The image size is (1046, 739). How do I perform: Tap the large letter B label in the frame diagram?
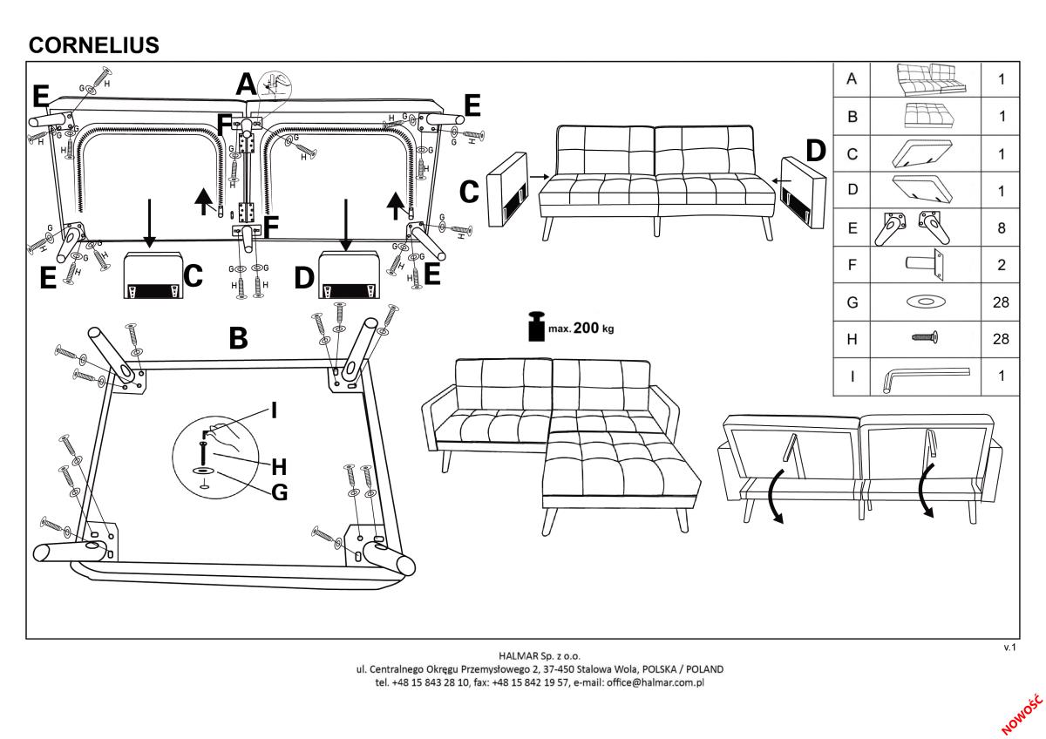pyautogui.click(x=238, y=339)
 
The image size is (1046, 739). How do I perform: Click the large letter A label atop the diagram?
pyautogui.click(x=247, y=85)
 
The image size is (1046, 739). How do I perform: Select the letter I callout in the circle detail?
pyautogui.click(x=275, y=410)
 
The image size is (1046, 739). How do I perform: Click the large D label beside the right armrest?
pyautogui.click(x=815, y=152)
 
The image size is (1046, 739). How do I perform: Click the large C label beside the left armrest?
pyautogui.click(x=468, y=192)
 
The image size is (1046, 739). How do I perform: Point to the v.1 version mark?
pyautogui.click(x=1011, y=647)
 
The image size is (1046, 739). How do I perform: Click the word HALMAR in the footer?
pyautogui.click(x=517, y=655)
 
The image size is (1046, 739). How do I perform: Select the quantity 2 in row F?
pyautogui.click(x=1002, y=265)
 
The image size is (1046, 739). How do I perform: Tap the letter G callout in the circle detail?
pyautogui.click(x=279, y=492)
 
